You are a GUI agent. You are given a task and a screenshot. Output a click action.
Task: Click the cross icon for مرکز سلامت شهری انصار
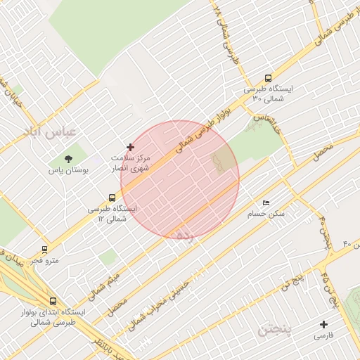(x=130, y=147)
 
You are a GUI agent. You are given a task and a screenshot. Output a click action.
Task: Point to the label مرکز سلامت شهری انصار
(x=130, y=163)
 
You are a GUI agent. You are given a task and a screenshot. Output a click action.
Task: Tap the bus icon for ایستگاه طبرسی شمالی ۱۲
(x=112, y=198)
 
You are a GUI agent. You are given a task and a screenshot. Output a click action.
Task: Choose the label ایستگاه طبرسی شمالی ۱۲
(x=112, y=214)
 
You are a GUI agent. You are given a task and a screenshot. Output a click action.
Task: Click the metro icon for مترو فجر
(x=45, y=249)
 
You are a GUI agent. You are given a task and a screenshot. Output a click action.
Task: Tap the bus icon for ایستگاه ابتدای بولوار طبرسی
(x=53, y=301)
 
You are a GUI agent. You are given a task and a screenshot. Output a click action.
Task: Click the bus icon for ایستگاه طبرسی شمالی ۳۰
(x=267, y=79)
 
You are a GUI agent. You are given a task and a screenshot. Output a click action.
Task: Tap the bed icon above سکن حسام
(x=265, y=202)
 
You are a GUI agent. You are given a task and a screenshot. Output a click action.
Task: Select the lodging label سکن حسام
(x=265, y=213)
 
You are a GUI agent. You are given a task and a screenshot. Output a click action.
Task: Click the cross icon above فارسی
(x=323, y=324)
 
